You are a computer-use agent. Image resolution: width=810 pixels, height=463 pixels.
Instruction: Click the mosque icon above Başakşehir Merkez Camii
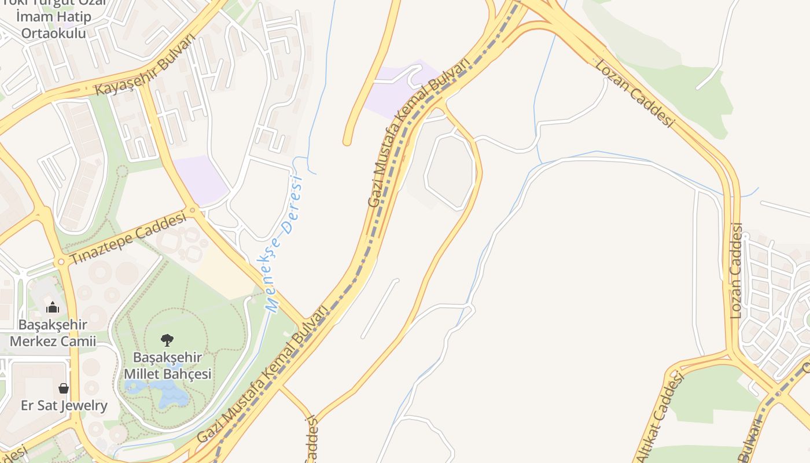(53, 307)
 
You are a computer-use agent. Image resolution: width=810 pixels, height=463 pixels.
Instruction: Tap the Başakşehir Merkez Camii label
(53, 333)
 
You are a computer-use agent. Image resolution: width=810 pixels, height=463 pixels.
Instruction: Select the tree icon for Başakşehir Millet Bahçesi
(167, 340)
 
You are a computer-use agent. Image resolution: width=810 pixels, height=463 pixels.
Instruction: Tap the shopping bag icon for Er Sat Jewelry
(64, 388)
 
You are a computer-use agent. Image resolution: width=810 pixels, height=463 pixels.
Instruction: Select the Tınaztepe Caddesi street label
(128, 238)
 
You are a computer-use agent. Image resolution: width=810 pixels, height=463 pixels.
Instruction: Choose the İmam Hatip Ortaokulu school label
(53, 25)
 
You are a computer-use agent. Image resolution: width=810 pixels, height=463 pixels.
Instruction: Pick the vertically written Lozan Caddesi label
(736, 270)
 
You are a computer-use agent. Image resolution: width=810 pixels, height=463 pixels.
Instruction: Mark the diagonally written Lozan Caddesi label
(635, 93)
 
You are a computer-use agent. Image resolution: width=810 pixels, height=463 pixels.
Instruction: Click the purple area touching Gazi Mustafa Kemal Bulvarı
(399, 90)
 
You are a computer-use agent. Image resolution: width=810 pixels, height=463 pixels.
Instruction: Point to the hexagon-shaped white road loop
(451, 171)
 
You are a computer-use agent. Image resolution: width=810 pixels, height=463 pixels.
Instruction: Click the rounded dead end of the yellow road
(347, 141)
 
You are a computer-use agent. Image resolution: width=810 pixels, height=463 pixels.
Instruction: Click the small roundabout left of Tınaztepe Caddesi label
(61, 262)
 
